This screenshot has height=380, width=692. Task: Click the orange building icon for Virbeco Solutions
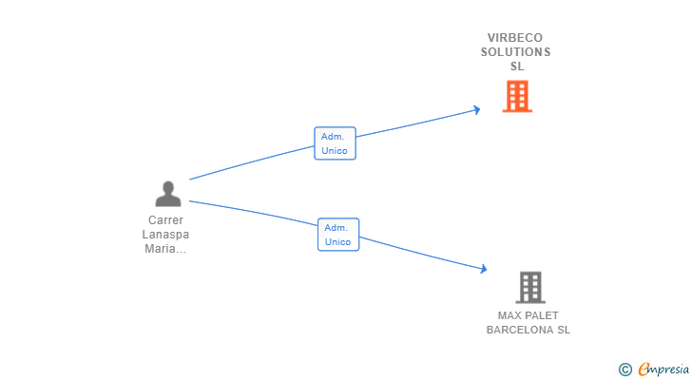tap(517, 96)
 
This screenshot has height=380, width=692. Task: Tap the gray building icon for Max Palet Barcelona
tap(530, 287)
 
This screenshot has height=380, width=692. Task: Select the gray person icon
tap(168, 195)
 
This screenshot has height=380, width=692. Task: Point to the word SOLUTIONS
tap(515, 52)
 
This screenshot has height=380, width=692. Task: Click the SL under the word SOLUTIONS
tap(517, 66)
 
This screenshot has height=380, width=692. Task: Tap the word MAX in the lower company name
tap(510, 315)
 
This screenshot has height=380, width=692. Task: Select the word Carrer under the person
tap(165, 220)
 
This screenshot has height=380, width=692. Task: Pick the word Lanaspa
tap(165, 235)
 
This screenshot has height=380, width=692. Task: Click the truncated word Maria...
tap(164, 249)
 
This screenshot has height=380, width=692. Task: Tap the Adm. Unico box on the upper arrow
tap(335, 143)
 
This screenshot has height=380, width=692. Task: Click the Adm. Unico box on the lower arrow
tap(338, 235)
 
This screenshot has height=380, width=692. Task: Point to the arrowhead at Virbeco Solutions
tap(476, 110)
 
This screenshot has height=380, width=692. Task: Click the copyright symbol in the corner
tap(625, 370)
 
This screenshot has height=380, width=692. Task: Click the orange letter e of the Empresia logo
tap(644, 370)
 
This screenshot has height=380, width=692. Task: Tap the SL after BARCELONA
tap(564, 330)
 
